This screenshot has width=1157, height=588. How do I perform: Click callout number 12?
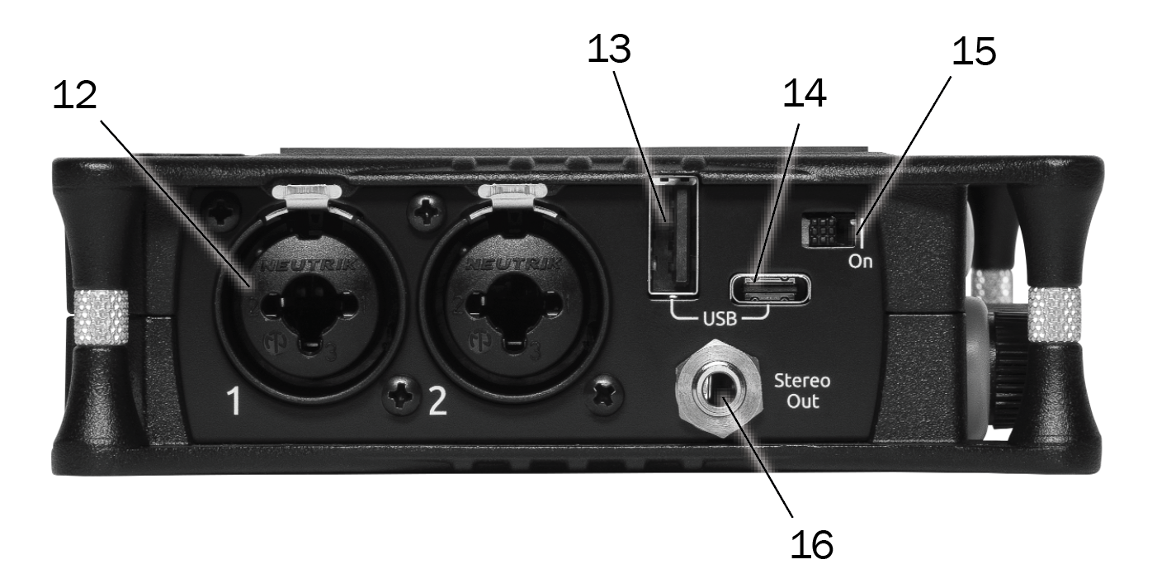pos(75,95)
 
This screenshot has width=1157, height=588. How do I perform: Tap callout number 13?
pos(610,49)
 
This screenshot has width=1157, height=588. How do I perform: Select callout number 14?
pos(805,93)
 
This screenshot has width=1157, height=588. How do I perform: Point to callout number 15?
pos(974,51)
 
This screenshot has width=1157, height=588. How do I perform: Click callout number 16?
pos(811,544)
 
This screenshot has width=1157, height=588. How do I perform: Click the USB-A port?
pos(673,236)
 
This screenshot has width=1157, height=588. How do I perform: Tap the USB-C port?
pos(770,289)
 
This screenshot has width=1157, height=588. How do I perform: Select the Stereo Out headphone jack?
pos(720,389)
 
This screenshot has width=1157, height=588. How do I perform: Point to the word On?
pos(861,262)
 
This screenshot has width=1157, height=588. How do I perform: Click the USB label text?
pos(720,319)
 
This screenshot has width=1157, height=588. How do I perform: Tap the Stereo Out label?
pos(802,391)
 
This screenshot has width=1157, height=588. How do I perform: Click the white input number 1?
pos(234,401)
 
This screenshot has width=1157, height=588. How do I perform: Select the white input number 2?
pos(438,401)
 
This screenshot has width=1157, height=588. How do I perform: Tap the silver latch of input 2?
pos(512,194)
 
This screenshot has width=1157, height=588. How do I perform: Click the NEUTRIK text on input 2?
pos(513,264)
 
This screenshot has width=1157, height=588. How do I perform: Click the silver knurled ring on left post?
pos(102,317)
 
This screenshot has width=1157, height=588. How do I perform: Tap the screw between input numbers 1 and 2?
pos(401,396)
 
